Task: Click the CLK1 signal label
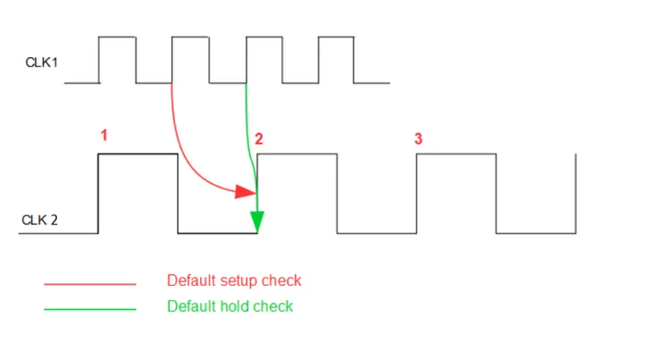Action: (x=40, y=62)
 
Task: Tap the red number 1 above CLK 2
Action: (x=104, y=136)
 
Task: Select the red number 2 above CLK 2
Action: (x=259, y=138)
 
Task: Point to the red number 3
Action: (x=418, y=138)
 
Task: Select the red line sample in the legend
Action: (x=89, y=284)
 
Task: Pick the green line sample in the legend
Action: (x=89, y=309)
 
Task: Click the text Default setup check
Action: (x=234, y=280)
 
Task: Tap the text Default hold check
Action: (x=230, y=306)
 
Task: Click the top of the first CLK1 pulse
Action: (x=117, y=37)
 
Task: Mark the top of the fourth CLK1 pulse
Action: (x=337, y=37)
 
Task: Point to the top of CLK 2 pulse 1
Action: (x=138, y=154)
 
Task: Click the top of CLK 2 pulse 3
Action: (x=456, y=154)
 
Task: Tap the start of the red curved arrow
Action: (x=171, y=85)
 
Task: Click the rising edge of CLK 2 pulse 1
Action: (x=97, y=194)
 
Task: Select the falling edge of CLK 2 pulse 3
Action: (x=496, y=194)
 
